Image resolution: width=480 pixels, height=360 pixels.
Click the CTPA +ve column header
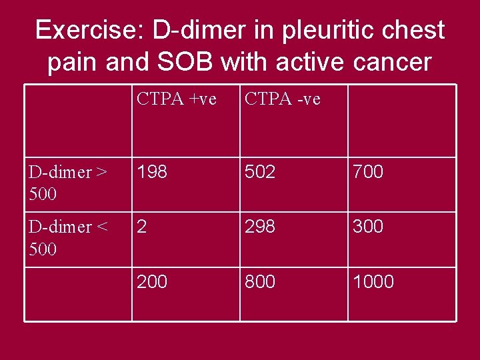click(176, 99)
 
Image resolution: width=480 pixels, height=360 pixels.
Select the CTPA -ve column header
click(283, 99)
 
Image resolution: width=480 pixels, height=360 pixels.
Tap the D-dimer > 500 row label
click(67, 183)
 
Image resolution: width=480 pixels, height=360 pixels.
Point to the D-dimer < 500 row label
click(67, 237)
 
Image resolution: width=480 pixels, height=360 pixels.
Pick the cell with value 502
click(260, 172)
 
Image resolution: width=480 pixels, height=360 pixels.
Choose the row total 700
click(368, 172)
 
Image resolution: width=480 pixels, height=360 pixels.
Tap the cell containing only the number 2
click(141, 227)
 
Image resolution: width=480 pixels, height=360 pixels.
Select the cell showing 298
click(260, 227)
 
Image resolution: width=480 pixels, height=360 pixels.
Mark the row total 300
click(368, 227)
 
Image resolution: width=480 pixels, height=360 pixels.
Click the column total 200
click(153, 282)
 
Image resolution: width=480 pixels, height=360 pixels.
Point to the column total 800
click(260, 282)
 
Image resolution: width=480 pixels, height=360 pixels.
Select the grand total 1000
click(373, 282)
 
